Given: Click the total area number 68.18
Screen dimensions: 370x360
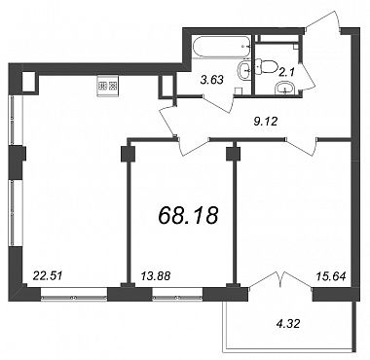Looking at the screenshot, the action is tap(188, 215).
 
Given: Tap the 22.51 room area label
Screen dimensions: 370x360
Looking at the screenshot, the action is tap(48, 276).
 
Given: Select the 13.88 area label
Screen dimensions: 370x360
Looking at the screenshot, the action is tap(156, 276).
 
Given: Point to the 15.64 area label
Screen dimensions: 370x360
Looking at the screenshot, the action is tap(331, 276).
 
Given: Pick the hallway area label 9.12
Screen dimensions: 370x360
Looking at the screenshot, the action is tap(265, 122).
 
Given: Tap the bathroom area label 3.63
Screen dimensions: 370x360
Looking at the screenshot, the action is tap(212, 80).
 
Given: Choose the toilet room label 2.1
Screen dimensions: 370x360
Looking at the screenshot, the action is tap(286, 73).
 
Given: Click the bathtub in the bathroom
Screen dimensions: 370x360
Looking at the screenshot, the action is tap(222, 47).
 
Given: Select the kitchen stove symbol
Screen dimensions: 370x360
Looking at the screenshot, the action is tap(107, 87).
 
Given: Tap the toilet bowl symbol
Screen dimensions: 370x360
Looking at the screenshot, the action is tap(266, 67).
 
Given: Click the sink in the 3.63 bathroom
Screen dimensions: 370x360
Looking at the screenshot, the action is tap(244, 69).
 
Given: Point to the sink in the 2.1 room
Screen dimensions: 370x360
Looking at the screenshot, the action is tap(285, 89).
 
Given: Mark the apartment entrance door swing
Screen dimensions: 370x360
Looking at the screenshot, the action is tap(323, 20).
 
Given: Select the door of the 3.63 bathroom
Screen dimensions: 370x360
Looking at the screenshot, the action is tap(218, 103).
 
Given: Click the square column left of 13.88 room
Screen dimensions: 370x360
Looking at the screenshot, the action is tap(128, 154).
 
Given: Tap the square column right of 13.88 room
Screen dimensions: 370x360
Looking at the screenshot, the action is tap(233, 154).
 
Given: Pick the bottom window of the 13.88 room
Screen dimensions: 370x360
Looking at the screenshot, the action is tap(177, 297).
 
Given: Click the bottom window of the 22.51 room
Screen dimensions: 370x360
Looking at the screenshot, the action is tap(74, 297).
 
